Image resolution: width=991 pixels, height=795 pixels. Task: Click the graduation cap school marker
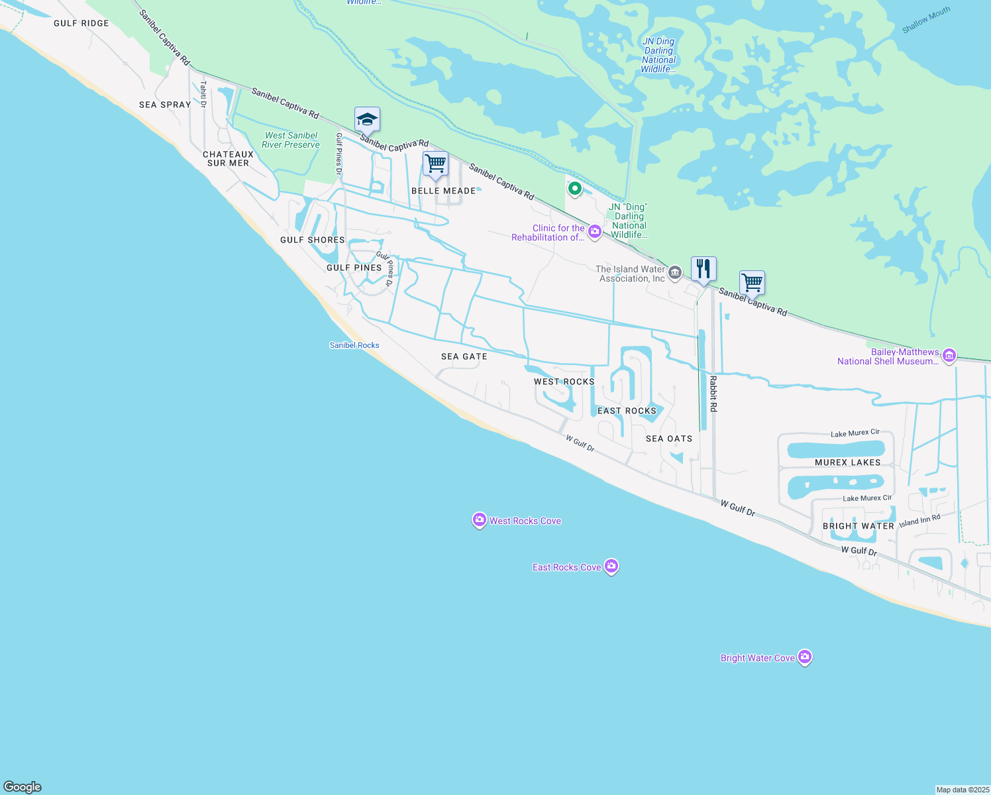[x=367, y=120]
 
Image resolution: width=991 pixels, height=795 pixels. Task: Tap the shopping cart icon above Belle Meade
[x=435, y=164]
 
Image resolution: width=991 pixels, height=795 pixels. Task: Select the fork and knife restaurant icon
[x=704, y=269]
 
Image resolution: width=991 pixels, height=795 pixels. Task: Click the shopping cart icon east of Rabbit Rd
[x=752, y=283]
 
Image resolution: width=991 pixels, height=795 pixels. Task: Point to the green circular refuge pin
[x=575, y=189]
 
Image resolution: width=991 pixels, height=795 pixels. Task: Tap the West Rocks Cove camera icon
[x=479, y=520]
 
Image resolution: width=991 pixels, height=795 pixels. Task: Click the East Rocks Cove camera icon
[x=611, y=566]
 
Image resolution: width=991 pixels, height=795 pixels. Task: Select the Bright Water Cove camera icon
[x=805, y=657]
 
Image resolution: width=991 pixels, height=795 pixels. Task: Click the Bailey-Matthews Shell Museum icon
[x=949, y=356]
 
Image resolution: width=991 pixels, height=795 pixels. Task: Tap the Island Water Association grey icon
[x=675, y=272]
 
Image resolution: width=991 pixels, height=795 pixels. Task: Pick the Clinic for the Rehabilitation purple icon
[x=594, y=231]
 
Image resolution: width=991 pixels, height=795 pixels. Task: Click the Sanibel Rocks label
[x=354, y=345]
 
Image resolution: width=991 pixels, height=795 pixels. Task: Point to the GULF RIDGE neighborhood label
[x=81, y=23]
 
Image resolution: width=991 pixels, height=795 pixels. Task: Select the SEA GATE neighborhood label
[x=464, y=356]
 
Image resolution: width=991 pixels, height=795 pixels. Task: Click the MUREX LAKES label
[x=848, y=462]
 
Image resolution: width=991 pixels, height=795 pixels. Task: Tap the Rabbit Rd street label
[x=713, y=394]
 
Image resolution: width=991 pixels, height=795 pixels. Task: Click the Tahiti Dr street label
[x=204, y=94]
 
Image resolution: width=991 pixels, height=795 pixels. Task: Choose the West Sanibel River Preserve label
[x=291, y=140]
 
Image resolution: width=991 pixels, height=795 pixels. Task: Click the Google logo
[x=23, y=786]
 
